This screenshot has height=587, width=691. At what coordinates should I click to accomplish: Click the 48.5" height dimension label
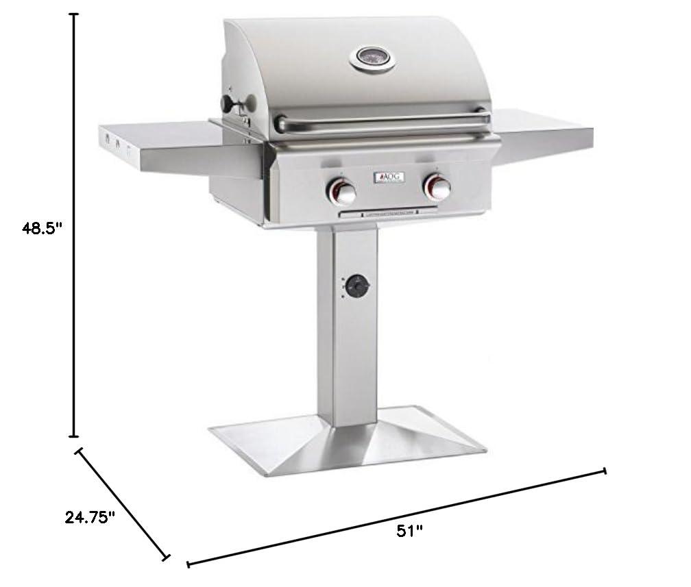pos(43,229)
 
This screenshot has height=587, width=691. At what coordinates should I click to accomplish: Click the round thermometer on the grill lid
pos(373,59)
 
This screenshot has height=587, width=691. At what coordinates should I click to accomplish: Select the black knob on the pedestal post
pos(357,287)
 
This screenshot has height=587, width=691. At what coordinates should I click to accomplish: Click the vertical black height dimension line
pos(75,226)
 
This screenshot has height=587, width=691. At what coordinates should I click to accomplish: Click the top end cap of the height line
pos(75,14)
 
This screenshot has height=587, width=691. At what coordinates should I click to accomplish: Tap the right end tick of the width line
pos(604,471)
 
